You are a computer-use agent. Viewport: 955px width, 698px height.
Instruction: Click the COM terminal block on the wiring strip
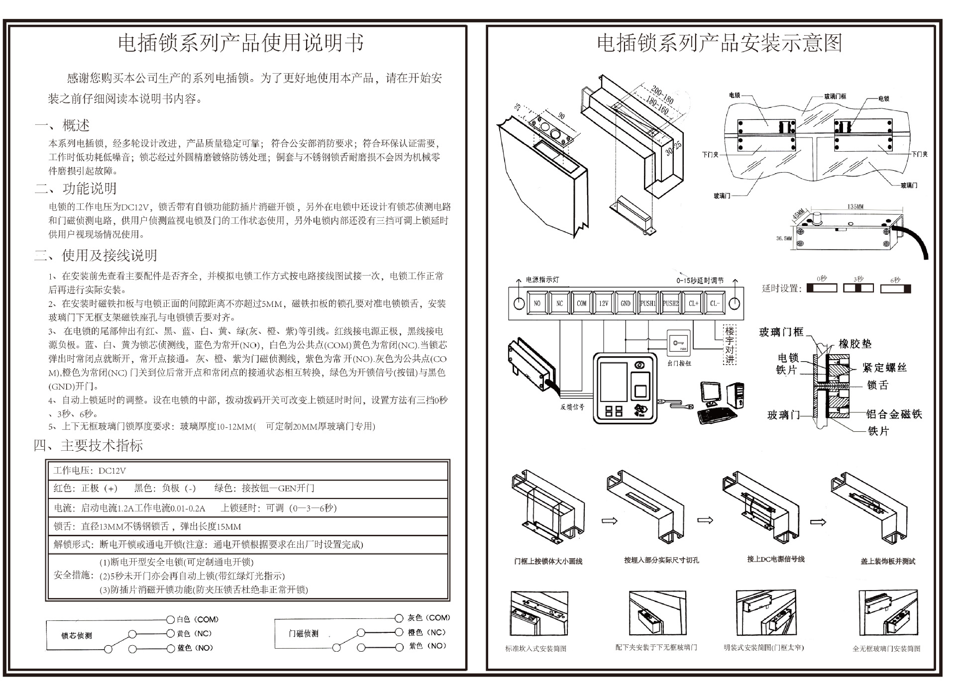tap(581, 303)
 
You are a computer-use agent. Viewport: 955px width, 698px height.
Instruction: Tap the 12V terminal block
tap(603, 303)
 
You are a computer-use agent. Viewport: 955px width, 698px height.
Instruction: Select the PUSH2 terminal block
tap(670, 303)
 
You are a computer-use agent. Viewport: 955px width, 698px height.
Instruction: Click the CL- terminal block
tap(715, 303)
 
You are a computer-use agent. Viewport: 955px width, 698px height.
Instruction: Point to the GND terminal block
tap(626, 303)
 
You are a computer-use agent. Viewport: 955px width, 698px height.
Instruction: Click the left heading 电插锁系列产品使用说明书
tap(240, 43)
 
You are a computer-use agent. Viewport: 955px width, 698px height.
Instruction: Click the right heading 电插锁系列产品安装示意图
tap(719, 43)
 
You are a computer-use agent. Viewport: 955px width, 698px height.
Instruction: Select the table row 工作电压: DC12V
tap(248, 471)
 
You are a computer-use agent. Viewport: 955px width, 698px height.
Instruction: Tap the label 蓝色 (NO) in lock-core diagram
tap(195, 648)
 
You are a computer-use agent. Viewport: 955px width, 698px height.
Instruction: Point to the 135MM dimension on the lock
tap(855, 206)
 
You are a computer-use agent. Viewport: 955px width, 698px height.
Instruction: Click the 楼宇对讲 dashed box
tap(729, 345)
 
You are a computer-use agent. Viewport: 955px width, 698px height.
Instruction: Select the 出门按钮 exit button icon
tap(679, 343)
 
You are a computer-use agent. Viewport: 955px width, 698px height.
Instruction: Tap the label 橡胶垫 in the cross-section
tap(855, 344)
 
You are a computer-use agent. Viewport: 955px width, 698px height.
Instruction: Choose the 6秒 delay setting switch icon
tap(895, 288)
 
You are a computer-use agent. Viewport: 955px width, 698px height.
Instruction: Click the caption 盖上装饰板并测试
tap(888, 561)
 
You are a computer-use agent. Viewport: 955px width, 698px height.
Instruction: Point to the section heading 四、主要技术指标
tap(89, 445)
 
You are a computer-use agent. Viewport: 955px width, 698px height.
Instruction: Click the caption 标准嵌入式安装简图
tap(535, 649)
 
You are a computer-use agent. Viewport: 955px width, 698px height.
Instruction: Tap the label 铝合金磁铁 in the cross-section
tap(894, 414)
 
